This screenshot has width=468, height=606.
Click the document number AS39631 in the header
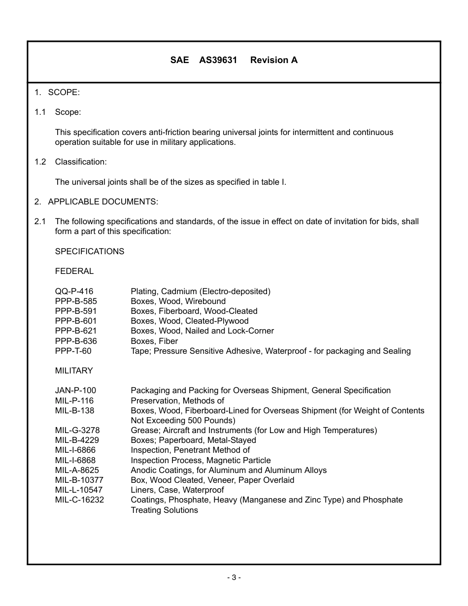point(218,60)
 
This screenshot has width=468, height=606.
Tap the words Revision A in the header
point(273,60)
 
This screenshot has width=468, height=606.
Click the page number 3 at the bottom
point(234,577)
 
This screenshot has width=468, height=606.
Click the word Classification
point(81,162)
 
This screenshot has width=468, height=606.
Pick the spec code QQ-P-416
point(74,291)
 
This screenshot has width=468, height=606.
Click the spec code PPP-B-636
point(76,341)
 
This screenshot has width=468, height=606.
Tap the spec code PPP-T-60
point(73,351)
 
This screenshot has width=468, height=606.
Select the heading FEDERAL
point(74,271)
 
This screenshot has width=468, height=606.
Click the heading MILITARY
point(74,370)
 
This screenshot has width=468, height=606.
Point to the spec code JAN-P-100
point(75,390)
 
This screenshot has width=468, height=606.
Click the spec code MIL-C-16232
point(79,500)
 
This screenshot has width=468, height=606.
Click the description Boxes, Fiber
point(154,341)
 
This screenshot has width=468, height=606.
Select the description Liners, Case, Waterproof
point(177,490)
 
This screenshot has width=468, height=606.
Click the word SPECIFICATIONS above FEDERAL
point(90,251)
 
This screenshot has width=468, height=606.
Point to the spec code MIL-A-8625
point(77,470)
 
